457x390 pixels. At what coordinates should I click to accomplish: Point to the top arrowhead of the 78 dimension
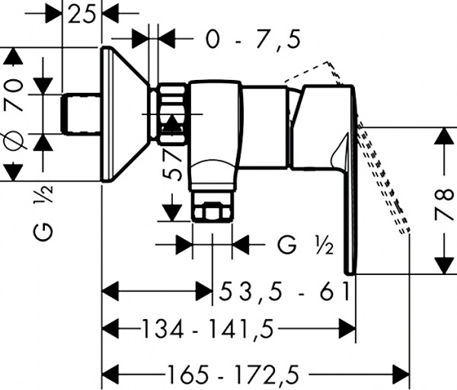443,138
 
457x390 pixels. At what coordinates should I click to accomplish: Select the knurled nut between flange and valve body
172,114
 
